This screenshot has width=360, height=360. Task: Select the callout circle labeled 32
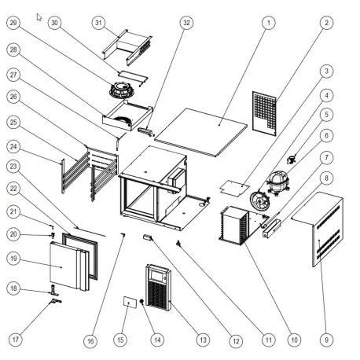[x=186, y=23]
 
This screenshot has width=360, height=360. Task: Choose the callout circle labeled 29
[x=14, y=23]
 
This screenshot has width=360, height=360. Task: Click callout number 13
[x=203, y=340]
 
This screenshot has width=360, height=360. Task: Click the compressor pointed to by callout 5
[x=277, y=182]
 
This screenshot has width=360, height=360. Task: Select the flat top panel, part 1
[x=204, y=126]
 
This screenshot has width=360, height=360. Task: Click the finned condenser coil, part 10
[x=235, y=223]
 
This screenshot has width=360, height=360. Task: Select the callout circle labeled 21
[x=14, y=212]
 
